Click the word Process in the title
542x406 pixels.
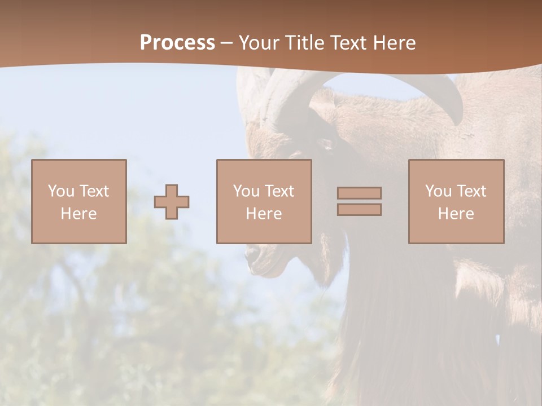[177, 43]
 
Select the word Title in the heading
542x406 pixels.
[305, 43]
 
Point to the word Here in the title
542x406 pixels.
[396, 43]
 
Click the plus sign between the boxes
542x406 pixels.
[172, 202]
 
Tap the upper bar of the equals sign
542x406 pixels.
[359, 193]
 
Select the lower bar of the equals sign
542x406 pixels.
[359, 210]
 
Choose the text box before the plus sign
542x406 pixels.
[79, 201]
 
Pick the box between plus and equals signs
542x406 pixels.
[264, 201]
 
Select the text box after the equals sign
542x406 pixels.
[456, 201]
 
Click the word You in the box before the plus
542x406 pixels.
[62, 191]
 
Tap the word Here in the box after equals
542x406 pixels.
[456, 214]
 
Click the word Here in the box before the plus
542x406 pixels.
[79, 214]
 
